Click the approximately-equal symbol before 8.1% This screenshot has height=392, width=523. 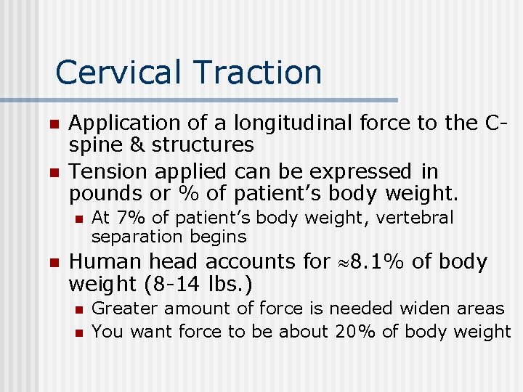[342, 262]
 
